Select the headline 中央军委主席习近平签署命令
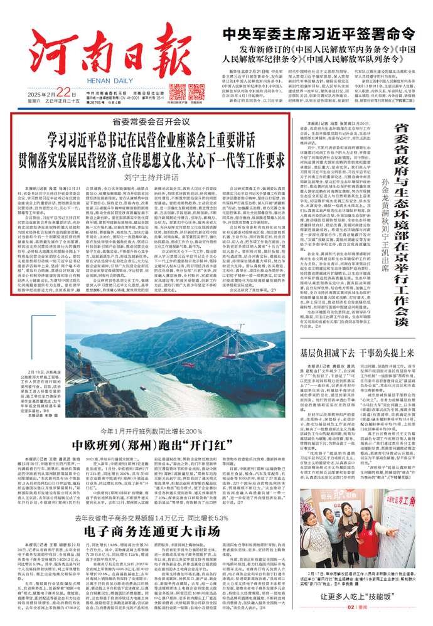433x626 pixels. [x=322, y=33]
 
